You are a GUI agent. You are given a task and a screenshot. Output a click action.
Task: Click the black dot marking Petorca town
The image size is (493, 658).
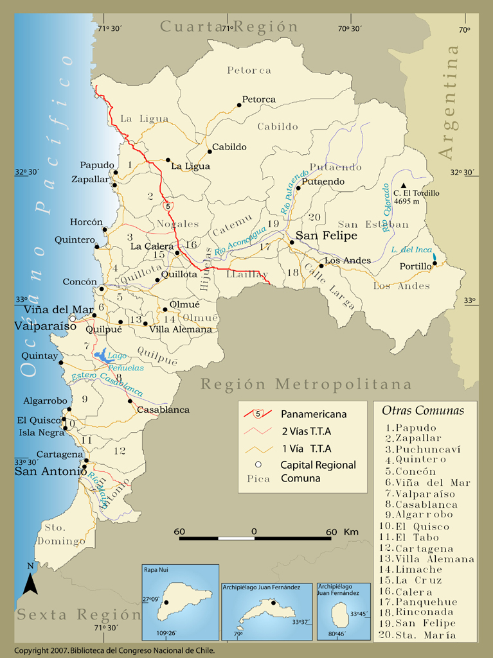[x=239, y=105]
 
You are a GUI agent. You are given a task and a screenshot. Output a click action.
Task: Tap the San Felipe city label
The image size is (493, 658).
[x=326, y=236]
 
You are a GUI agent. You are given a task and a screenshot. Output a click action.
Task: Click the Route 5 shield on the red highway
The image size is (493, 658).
[x=168, y=206]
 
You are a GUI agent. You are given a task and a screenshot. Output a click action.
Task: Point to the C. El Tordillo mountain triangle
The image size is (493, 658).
[x=403, y=186]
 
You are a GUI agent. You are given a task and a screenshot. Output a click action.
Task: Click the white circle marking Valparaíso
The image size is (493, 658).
[x=73, y=318]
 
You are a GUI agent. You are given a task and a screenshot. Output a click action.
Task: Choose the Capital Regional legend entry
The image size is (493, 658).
[x=318, y=465]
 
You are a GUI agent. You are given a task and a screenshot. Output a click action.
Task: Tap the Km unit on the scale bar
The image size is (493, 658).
[x=351, y=532]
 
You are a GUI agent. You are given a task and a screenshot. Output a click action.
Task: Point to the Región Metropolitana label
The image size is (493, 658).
[x=305, y=385]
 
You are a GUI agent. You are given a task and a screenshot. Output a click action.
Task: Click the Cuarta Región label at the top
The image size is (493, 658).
[x=229, y=27]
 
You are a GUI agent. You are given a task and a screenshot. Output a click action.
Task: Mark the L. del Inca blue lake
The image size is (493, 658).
[x=435, y=258]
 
